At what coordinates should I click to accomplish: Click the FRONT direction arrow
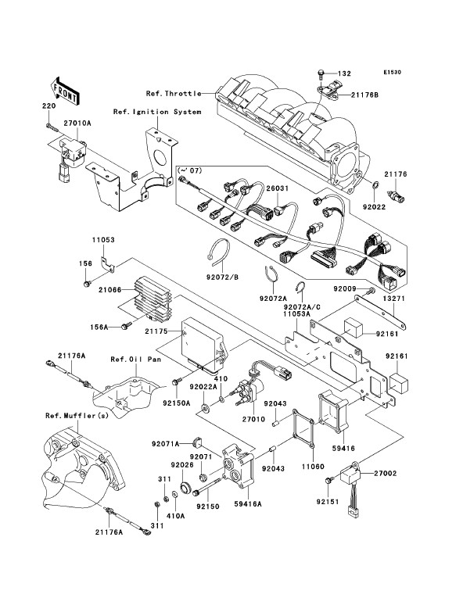(66, 91)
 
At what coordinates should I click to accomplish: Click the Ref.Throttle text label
(174, 93)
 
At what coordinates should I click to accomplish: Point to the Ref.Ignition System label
(157, 112)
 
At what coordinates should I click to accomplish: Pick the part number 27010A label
(77, 124)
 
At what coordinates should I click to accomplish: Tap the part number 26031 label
(278, 188)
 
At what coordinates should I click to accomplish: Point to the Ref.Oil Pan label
(135, 360)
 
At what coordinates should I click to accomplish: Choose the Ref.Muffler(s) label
(77, 416)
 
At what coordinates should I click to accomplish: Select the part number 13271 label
(394, 299)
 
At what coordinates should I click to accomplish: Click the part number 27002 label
(385, 473)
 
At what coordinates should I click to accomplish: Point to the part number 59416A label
(247, 503)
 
